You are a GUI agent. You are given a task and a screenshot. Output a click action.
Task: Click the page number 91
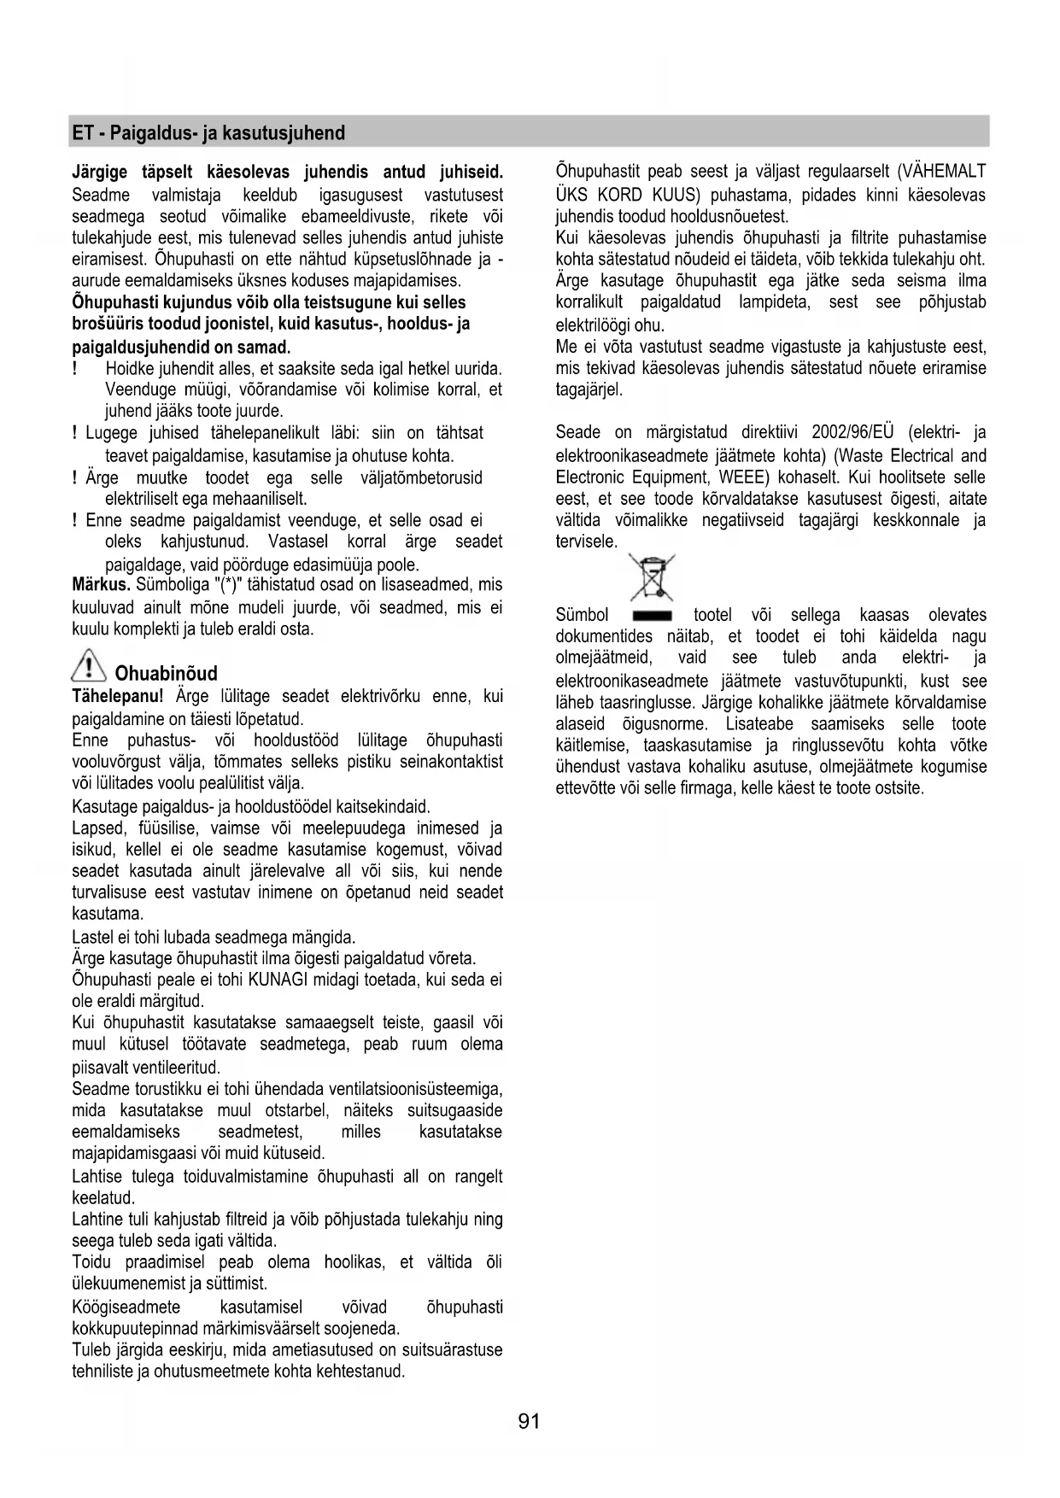point(529,1421)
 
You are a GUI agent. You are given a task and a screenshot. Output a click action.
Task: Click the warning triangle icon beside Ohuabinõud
point(89,665)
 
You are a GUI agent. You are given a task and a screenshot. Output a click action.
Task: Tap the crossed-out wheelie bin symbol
point(652,577)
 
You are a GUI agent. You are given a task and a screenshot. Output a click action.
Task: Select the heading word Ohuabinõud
point(167,673)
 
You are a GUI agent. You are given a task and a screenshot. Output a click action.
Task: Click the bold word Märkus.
point(101,585)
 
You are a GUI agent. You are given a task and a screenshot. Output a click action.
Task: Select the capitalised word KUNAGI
point(277,980)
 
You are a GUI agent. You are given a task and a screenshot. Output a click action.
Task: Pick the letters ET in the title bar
point(82,133)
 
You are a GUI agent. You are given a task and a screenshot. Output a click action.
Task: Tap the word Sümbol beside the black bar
point(582,615)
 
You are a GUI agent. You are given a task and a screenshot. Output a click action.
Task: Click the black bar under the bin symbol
point(653,616)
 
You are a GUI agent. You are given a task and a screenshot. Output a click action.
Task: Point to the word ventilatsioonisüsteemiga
point(416,1089)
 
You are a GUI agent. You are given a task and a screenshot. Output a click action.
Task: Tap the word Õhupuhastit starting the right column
point(597,172)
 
